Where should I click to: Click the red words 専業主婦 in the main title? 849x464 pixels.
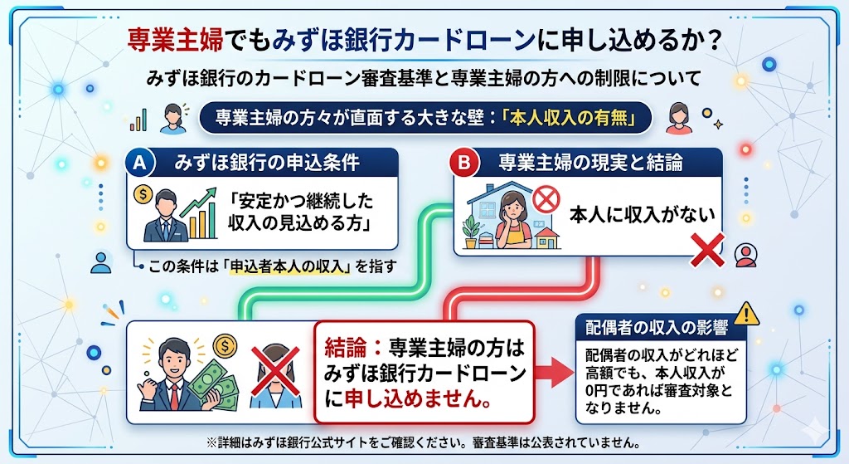pos(172,38)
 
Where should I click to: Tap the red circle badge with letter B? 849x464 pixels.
pos(461,163)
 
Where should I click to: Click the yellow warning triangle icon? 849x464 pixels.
pos(747,313)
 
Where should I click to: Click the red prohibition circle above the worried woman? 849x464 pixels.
pos(546,198)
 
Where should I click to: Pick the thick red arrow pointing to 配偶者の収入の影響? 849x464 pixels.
pos(548,370)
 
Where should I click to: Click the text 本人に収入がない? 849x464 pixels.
pos(640,214)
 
